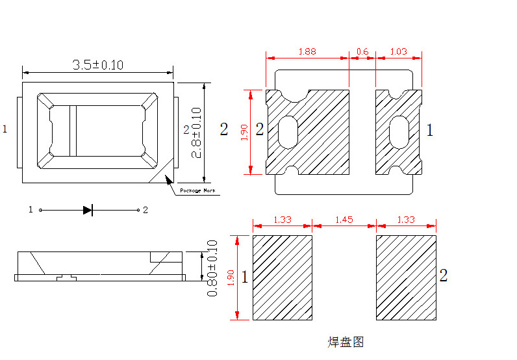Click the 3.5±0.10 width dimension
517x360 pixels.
97,64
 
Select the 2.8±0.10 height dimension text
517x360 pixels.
196,133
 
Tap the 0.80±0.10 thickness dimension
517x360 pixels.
212,268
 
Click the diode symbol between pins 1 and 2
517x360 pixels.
88,210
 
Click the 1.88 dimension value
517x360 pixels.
307,51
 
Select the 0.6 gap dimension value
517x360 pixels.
362,51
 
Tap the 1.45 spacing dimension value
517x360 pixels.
344,220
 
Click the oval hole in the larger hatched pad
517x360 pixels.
287,133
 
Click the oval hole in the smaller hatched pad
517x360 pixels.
399,133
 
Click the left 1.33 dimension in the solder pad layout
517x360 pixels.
282,220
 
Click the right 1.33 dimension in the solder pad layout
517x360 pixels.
405,220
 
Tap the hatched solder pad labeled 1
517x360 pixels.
282,277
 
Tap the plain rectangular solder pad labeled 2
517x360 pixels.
405,277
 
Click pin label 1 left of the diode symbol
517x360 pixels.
31,210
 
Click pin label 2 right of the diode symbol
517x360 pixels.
145,210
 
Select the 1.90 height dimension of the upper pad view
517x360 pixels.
245,133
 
